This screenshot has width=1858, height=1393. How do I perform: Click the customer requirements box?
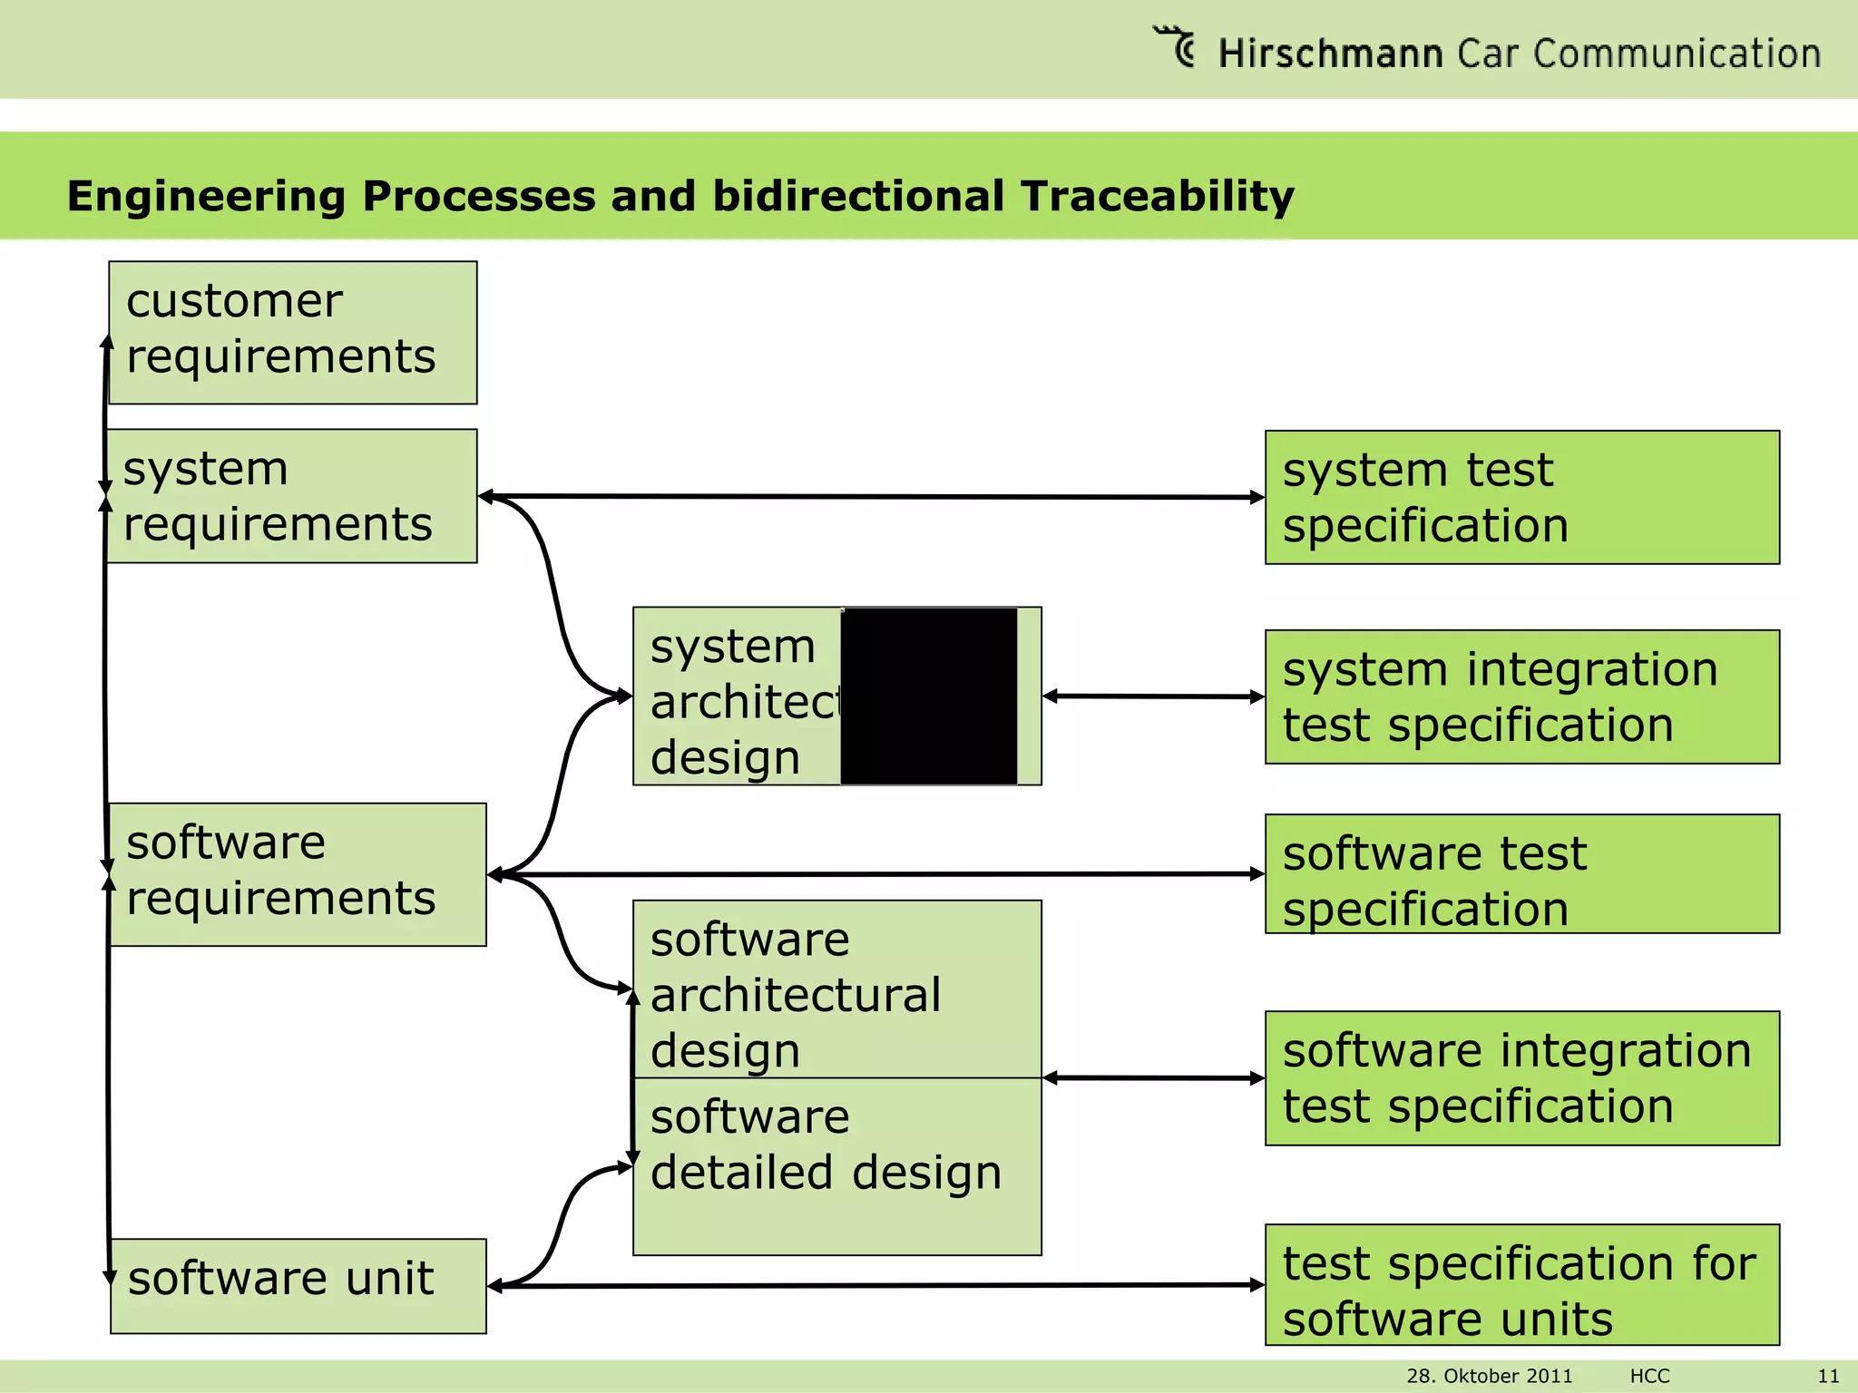[x=292, y=333]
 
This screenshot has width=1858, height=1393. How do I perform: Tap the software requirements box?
[x=298, y=874]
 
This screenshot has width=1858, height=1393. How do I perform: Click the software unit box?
[x=298, y=1285]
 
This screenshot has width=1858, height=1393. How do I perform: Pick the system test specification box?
[x=1521, y=497]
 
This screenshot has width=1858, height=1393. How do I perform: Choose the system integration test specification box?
[x=1521, y=696]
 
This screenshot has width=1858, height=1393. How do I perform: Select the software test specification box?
[x=1521, y=873]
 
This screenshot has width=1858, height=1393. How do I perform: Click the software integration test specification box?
[x=1521, y=1077]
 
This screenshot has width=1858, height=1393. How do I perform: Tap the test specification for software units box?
[x=1521, y=1284]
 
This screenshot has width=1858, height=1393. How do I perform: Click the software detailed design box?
[x=836, y=1165]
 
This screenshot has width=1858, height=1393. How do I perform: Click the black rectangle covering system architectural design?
[x=928, y=696]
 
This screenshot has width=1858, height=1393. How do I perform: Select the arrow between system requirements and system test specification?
[x=871, y=496]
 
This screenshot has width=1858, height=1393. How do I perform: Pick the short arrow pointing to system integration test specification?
[x=1153, y=696]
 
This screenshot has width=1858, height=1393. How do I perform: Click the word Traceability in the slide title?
[x=1157, y=196]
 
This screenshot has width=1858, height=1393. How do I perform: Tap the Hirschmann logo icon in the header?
[x=1176, y=46]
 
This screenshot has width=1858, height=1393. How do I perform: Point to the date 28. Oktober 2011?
[x=1489, y=1376]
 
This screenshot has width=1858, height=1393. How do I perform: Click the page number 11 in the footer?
[x=1828, y=1376]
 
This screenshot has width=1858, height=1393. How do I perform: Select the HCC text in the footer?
[x=1649, y=1376]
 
